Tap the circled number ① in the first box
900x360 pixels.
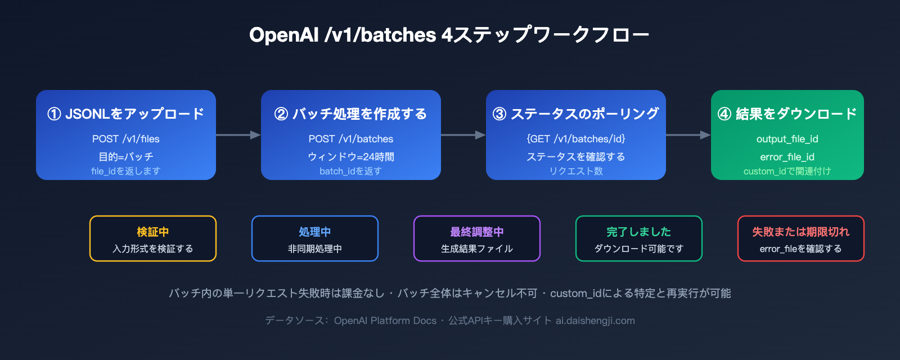(x=54, y=114)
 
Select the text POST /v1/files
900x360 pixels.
(x=126, y=139)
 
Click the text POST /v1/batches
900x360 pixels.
(x=351, y=139)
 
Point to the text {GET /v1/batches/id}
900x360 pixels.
(x=576, y=139)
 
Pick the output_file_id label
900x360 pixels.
(x=787, y=139)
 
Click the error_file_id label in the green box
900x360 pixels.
(x=787, y=157)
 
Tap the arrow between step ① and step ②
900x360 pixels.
(x=238, y=135)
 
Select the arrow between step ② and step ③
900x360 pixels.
(x=463, y=135)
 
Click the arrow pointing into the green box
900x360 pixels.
(x=688, y=135)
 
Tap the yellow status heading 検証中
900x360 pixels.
(x=153, y=232)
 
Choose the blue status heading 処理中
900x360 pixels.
(x=315, y=232)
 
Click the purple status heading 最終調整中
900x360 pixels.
(x=477, y=232)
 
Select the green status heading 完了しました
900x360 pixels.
(x=639, y=232)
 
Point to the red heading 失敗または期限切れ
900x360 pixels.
(x=801, y=232)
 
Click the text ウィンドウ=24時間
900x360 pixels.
(x=351, y=157)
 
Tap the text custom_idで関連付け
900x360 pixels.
(x=787, y=171)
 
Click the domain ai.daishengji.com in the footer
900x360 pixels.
(x=595, y=321)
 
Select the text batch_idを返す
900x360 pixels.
(x=351, y=171)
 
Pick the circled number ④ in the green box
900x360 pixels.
(x=724, y=114)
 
